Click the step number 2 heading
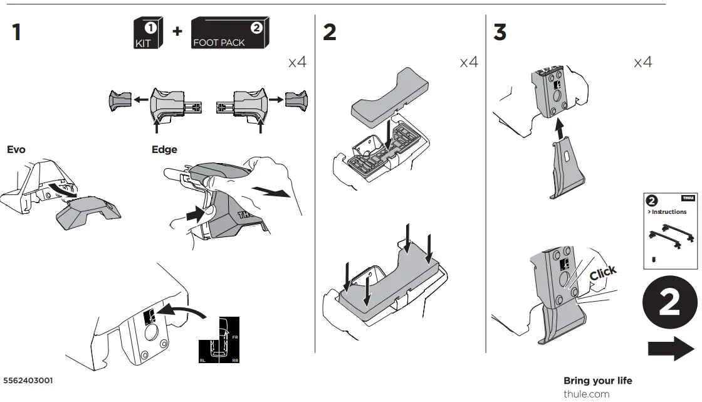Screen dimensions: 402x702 (330, 32)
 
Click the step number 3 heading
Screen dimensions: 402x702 (500, 32)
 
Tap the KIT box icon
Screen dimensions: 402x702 (147, 34)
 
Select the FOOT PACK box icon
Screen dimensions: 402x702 (229, 33)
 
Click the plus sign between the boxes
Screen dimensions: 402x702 (177, 31)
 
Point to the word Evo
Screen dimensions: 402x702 (17, 150)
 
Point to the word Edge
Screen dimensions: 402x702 (164, 150)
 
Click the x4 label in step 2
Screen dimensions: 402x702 (469, 62)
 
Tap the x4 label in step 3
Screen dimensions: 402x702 (642, 62)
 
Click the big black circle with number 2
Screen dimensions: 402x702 (669, 304)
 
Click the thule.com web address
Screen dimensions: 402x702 (586, 394)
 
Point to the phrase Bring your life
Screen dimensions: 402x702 (597, 381)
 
